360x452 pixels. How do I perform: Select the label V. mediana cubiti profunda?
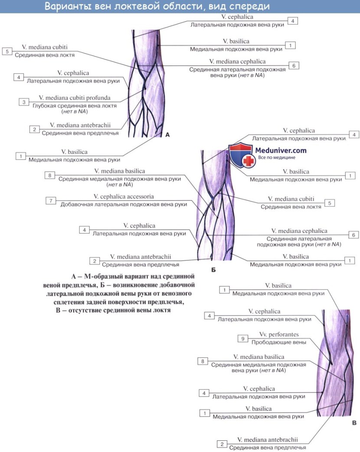[x=71, y=98]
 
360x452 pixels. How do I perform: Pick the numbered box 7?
[x=51, y=200]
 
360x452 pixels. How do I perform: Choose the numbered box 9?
[x=243, y=338]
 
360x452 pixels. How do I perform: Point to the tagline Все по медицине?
[x=276, y=158]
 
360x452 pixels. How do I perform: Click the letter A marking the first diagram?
[x=167, y=135]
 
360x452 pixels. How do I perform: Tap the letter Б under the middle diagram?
[x=213, y=270]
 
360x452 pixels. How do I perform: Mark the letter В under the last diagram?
[x=354, y=422]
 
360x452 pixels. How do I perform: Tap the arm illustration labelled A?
[x=145, y=82]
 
